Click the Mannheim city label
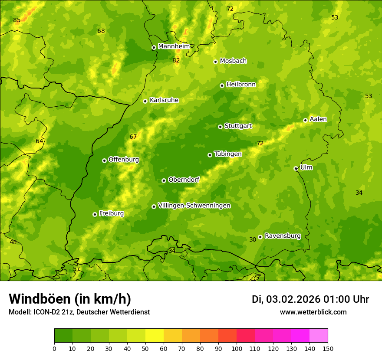174,46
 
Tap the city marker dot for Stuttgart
220,127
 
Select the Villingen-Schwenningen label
194,206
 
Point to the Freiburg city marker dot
95,214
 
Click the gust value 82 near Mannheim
176,60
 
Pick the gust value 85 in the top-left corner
16,20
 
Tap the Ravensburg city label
283,236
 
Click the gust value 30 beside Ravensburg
253,239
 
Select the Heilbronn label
241,85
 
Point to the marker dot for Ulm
296,168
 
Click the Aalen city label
318,119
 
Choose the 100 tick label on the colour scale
237,348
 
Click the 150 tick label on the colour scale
328,348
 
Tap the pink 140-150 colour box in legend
319,336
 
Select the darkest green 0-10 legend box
63,336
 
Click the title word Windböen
40,299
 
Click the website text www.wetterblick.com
313,312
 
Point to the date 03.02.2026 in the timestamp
293,299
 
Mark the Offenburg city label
124,160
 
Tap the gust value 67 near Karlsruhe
133,137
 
